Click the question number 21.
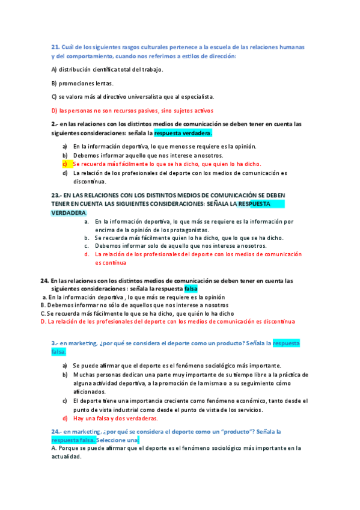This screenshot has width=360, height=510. (55, 46)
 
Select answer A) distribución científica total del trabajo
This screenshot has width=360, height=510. (107, 69)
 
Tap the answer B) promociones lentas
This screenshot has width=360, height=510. (82, 83)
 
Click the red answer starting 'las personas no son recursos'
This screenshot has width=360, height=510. (132, 111)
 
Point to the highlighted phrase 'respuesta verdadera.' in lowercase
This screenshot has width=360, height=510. (183, 133)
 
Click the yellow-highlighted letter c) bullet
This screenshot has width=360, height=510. (65, 164)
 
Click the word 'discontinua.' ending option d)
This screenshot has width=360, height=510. (90, 181)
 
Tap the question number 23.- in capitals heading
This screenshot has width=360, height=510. (58, 195)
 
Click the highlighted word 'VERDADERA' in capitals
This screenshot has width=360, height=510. (70, 212)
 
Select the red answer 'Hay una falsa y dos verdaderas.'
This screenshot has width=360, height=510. (115, 418)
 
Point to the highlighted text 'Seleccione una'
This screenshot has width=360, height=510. (117, 440)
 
